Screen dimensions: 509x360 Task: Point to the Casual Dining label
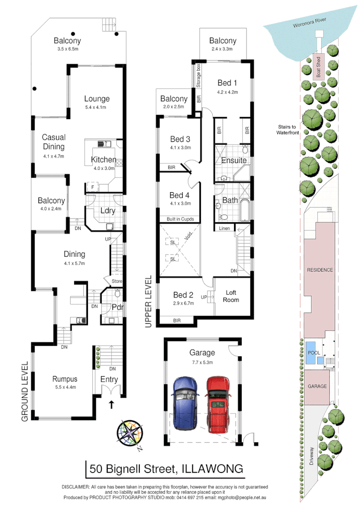coord(53,142)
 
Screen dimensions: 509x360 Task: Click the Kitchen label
coord(103,160)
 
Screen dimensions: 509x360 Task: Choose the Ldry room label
coord(106,210)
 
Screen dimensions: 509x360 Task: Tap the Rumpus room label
coord(65,379)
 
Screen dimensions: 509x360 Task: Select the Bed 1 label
coord(227,82)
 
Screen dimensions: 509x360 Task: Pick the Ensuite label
coord(234,160)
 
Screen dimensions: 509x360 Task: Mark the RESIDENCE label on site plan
coord(320,270)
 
